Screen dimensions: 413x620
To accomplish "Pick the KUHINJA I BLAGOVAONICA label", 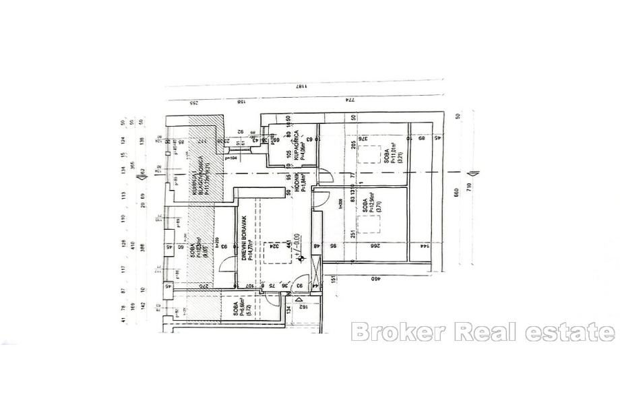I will tap(194, 174).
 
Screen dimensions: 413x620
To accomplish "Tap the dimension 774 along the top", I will tap(350, 100).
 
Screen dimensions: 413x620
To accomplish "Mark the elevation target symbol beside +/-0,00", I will tap(302, 257).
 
